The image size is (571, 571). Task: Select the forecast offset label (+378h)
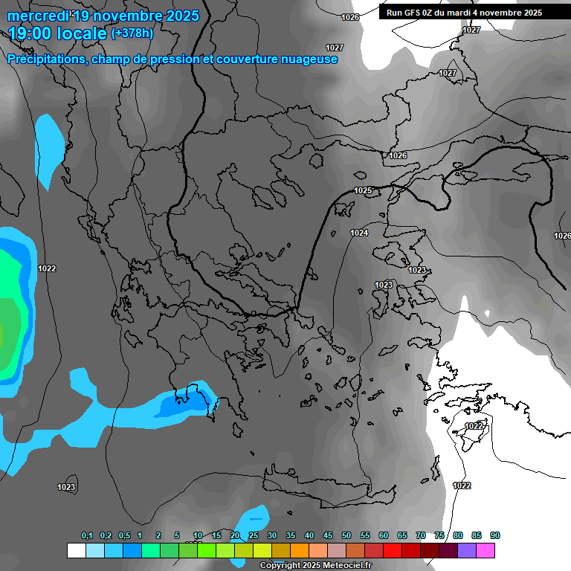132,33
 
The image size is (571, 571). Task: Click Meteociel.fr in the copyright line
328,566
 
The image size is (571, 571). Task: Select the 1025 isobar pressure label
363,191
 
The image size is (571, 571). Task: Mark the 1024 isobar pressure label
359,233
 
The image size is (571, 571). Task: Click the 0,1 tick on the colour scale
87,536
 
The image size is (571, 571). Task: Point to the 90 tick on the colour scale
495,536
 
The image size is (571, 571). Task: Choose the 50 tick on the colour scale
346,536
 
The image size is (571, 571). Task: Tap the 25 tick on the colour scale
254,536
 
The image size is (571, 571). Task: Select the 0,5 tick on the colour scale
123,536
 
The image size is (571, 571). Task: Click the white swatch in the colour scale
76,550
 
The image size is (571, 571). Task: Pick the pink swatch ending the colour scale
485,550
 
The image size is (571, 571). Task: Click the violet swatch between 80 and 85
467,550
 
